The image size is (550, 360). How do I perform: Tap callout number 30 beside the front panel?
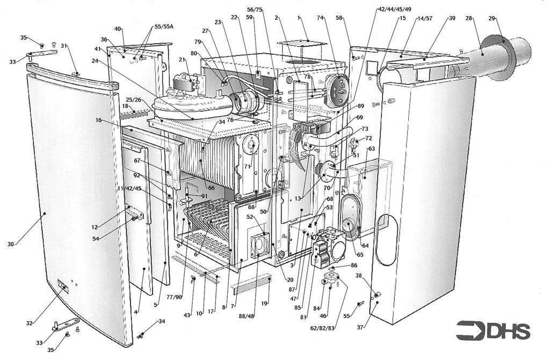[10, 244]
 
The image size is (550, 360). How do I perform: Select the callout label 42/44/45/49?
[395, 10]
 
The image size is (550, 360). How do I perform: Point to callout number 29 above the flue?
[493, 19]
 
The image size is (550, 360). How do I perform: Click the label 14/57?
[424, 18]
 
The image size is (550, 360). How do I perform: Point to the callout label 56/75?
[255, 10]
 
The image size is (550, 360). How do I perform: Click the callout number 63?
[371, 148]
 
